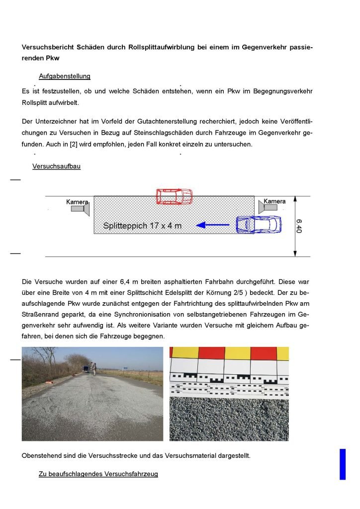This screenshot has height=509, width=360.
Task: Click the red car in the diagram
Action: pyautogui.click(x=174, y=196)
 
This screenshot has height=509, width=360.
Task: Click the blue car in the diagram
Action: pyautogui.click(x=258, y=224)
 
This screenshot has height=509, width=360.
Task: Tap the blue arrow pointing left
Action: pyautogui.click(x=214, y=225)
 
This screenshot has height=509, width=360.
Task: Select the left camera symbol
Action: pyautogui.click(x=80, y=209)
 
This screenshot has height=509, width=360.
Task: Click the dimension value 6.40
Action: pyautogui.click(x=299, y=226)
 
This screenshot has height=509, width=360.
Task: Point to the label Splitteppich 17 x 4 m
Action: pyautogui.click(x=142, y=226)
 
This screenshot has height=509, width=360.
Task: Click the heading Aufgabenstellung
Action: pyautogui.click(x=65, y=77)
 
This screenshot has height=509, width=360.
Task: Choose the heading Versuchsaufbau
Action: pyautogui.click(x=56, y=167)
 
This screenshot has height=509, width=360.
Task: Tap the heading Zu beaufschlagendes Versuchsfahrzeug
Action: pyautogui.click(x=98, y=474)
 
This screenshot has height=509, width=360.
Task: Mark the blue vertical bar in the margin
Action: pyautogui.click(x=342, y=464)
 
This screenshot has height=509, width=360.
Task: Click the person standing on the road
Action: pyautogui.click(x=93, y=369)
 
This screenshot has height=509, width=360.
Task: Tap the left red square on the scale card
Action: pyautogui.click(x=212, y=353)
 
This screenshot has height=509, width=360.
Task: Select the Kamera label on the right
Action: pyautogui.click(x=274, y=201)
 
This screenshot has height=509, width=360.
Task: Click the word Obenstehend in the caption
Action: pyautogui.click(x=41, y=456)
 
